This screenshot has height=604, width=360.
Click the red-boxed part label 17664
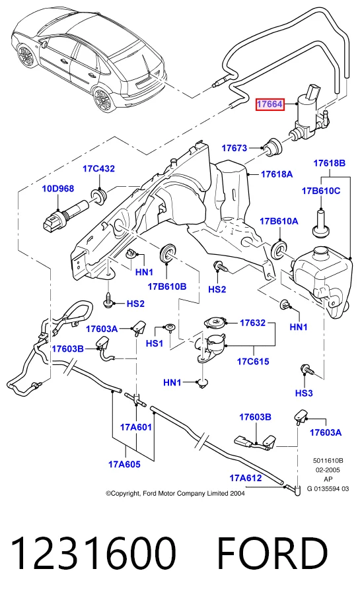point(270,104)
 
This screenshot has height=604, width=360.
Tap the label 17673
point(234,148)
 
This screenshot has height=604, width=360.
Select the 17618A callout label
point(277,174)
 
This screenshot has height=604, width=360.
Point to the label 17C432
point(98,169)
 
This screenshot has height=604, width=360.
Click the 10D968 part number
point(58,189)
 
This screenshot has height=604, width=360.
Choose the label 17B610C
point(321,191)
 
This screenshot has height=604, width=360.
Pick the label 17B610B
point(167,286)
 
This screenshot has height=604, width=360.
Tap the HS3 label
point(304,393)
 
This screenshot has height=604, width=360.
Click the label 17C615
point(253,361)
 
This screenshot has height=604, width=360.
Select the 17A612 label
point(246,478)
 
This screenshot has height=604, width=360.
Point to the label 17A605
point(124,464)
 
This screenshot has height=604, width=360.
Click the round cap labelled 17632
point(215,322)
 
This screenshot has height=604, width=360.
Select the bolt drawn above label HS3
point(306,370)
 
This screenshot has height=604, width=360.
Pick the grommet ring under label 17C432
point(99,195)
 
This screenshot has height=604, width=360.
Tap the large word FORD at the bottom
point(273,554)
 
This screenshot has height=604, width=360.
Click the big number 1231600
point(94,554)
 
